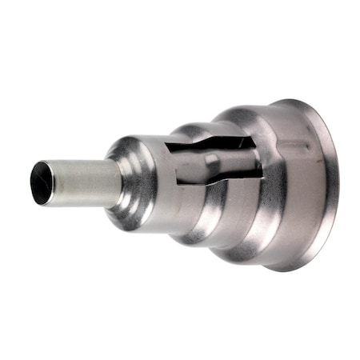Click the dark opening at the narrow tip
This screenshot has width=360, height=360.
[x=42, y=182]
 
